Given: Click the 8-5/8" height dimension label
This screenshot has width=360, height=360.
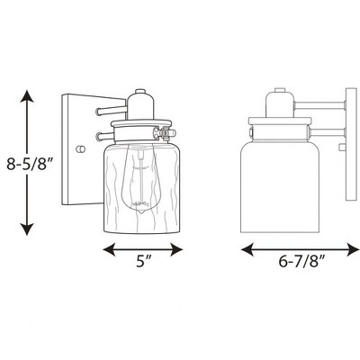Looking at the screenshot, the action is tap(30, 164).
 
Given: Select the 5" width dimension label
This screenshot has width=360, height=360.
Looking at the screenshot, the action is tap(143, 261).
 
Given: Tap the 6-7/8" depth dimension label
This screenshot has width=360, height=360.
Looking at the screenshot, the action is tap(301, 262).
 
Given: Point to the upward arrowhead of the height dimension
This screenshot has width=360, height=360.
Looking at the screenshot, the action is tap(27, 96).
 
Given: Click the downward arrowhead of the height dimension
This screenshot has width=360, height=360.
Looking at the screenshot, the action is tap(27, 229).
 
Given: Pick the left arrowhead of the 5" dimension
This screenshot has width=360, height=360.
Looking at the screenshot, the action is tap(109, 249).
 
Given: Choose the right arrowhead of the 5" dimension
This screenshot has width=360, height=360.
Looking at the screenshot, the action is tap(176, 249).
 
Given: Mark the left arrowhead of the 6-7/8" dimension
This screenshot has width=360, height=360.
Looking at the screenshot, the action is tap(247, 249).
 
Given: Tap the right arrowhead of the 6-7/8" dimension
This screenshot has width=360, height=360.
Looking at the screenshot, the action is tap(353, 249).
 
